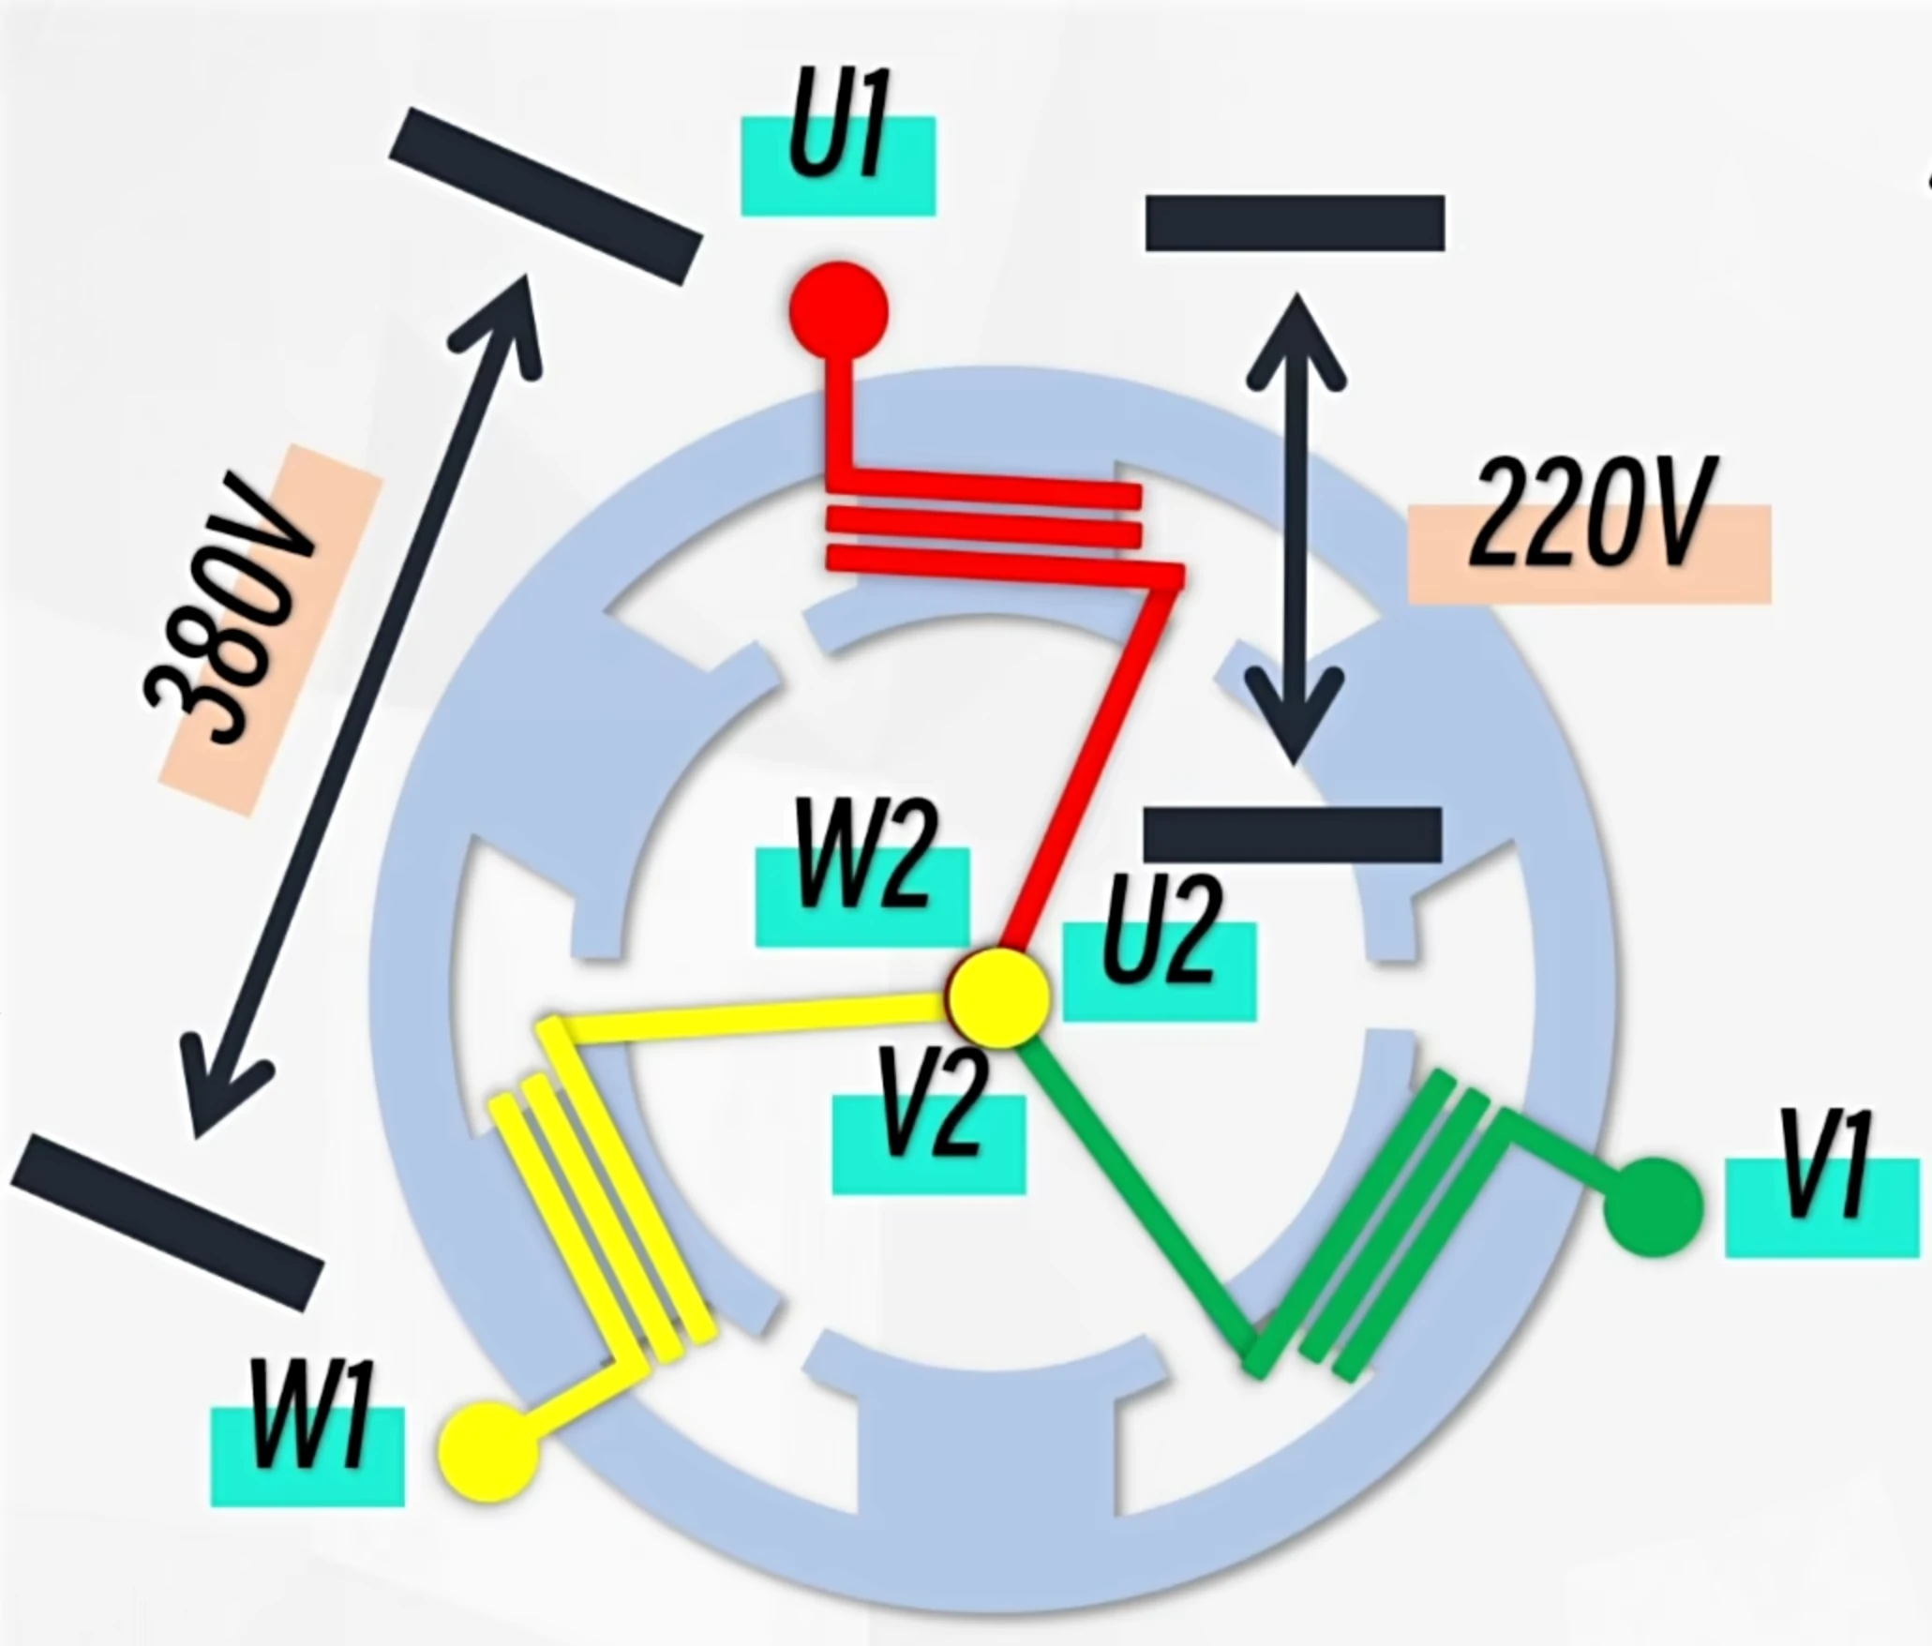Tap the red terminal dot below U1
tap(838, 309)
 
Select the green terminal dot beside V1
tap(1652, 1207)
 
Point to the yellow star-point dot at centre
tap(998, 996)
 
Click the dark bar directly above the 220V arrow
tap(1295, 223)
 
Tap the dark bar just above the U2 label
tap(1293, 833)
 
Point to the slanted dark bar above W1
tap(167, 1220)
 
